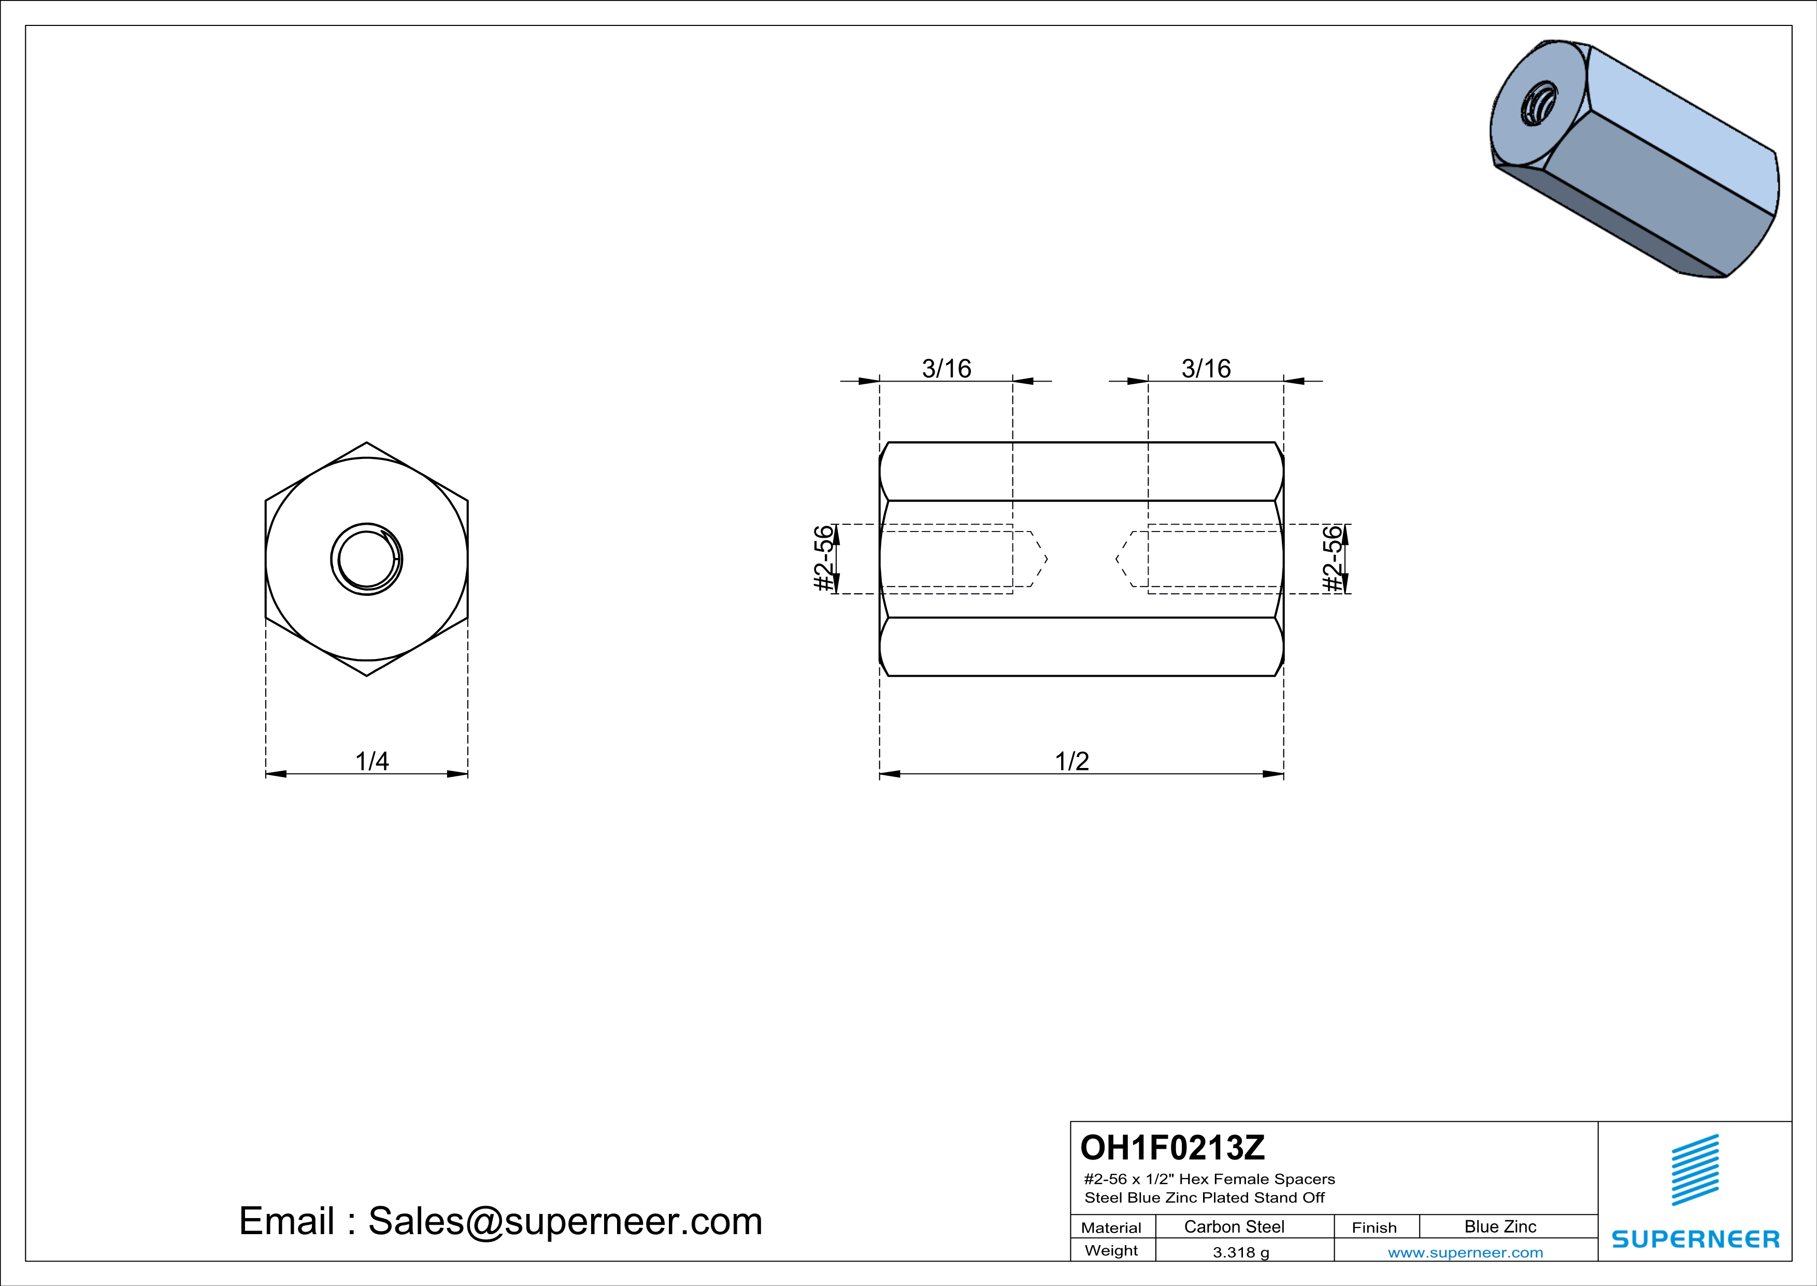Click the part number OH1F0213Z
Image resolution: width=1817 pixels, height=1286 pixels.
click(x=1173, y=1148)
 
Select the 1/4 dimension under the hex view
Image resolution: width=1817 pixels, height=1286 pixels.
click(x=372, y=761)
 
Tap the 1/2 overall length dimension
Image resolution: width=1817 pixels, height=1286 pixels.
click(x=1072, y=761)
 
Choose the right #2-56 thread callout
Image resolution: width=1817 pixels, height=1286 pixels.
click(x=1334, y=558)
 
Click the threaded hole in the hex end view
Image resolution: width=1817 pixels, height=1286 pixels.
click(x=366, y=559)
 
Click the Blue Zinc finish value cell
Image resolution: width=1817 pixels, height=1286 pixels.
click(x=1500, y=1226)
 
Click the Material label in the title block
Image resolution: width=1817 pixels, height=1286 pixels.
click(x=1111, y=1227)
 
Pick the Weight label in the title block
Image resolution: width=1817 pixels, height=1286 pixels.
click(x=1111, y=1250)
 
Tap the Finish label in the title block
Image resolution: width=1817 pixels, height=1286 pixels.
click(x=1374, y=1227)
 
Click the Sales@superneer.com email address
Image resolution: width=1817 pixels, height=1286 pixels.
click(x=565, y=1221)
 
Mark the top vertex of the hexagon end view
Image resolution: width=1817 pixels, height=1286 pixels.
click(x=366, y=442)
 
